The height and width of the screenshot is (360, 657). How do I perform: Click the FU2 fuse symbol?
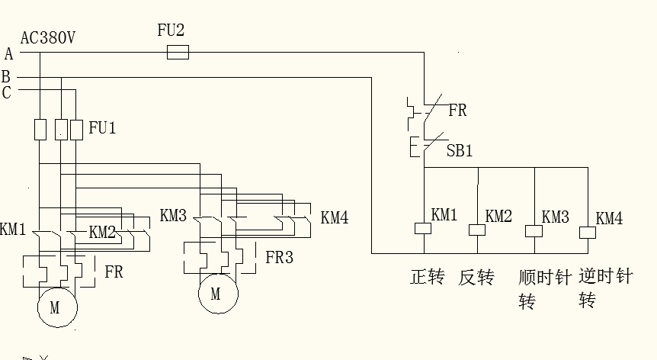click(x=178, y=52)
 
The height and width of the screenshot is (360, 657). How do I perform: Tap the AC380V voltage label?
click(x=47, y=37)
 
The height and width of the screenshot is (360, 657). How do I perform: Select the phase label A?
click(x=8, y=53)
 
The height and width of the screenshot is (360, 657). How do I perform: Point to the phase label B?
click(x=6, y=77)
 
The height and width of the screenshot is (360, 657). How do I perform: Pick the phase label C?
click(x=7, y=93)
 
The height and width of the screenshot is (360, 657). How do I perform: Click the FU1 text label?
click(x=102, y=127)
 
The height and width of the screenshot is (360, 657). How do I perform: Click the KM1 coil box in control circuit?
click(x=423, y=227)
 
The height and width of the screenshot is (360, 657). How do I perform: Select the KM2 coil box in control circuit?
click(x=478, y=230)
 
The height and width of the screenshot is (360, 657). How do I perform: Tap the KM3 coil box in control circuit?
click(x=533, y=230)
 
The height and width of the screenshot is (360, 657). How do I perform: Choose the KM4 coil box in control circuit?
click(x=587, y=232)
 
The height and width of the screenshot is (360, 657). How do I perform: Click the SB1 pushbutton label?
click(x=460, y=151)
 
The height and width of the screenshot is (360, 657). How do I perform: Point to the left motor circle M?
click(x=55, y=308)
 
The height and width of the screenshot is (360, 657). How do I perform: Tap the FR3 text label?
click(x=279, y=257)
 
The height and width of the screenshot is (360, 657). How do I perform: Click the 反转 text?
click(x=476, y=277)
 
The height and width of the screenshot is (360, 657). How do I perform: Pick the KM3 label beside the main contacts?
click(x=173, y=216)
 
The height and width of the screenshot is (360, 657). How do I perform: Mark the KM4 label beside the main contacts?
click(x=335, y=217)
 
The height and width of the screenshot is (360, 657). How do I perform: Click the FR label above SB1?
click(x=457, y=111)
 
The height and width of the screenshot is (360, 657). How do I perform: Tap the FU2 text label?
click(x=171, y=31)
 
